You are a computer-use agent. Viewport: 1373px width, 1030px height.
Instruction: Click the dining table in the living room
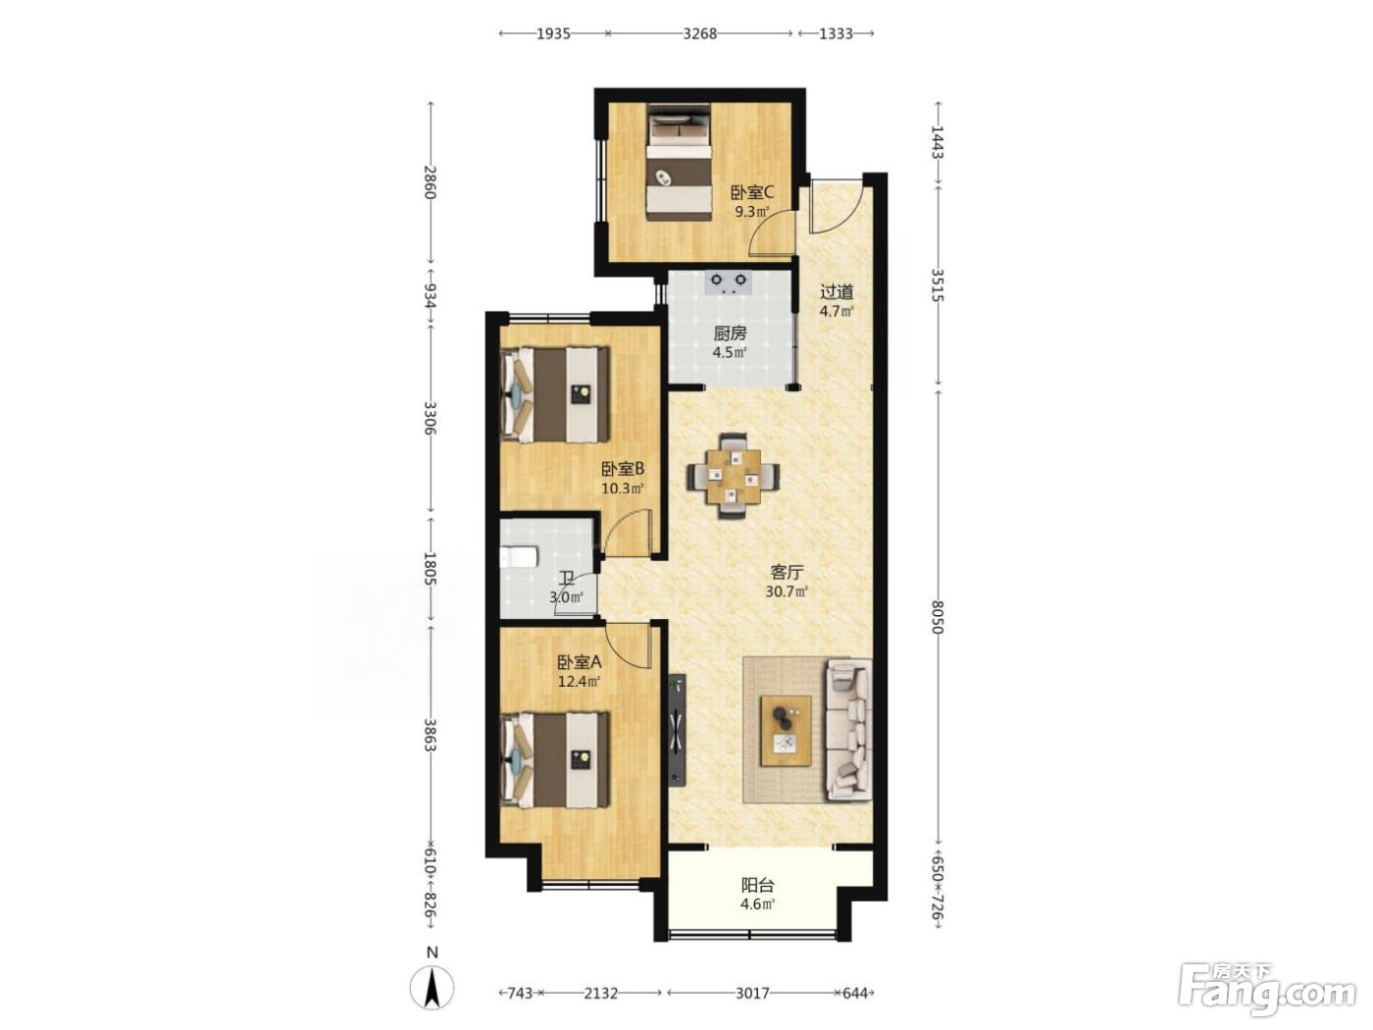(733, 477)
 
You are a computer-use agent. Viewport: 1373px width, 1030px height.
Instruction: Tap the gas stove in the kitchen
(727, 283)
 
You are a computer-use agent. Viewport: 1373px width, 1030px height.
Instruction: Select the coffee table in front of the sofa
(786, 731)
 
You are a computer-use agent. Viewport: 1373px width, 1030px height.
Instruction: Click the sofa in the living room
(849, 729)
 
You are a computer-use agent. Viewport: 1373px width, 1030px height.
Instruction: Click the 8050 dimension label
(937, 617)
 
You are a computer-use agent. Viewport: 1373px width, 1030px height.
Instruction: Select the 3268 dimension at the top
(699, 33)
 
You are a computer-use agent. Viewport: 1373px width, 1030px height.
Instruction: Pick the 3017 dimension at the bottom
(752, 993)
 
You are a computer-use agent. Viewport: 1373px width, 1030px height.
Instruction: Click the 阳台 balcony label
(757, 885)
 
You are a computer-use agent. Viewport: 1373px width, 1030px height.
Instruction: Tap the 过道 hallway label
(837, 292)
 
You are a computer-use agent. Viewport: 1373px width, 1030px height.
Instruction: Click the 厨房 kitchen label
(730, 334)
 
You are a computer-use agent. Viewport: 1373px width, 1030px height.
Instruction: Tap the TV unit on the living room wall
(677, 729)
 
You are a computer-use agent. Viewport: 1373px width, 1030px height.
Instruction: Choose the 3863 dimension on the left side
(430, 734)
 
